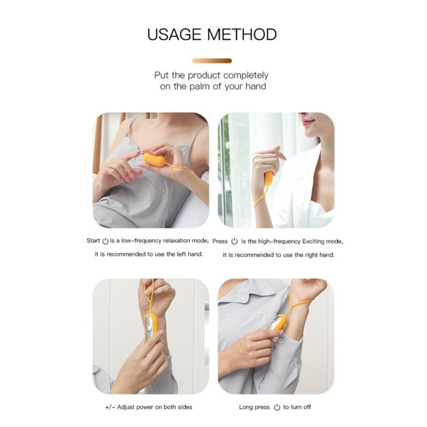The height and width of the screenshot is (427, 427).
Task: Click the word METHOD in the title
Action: (x=242, y=35)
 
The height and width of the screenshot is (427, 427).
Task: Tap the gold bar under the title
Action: (x=212, y=61)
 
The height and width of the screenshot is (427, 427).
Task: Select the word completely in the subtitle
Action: (x=246, y=75)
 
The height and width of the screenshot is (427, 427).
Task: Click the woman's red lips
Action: (x=308, y=123)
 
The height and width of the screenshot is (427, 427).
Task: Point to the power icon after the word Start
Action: (x=105, y=241)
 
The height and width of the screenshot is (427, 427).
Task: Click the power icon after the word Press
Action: (x=234, y=241)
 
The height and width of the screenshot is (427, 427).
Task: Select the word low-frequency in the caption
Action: (x=137, y=241)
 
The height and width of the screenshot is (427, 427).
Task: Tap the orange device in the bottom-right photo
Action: (x=278, y=323)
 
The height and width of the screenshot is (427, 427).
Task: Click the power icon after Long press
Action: (x=276, y=407)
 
